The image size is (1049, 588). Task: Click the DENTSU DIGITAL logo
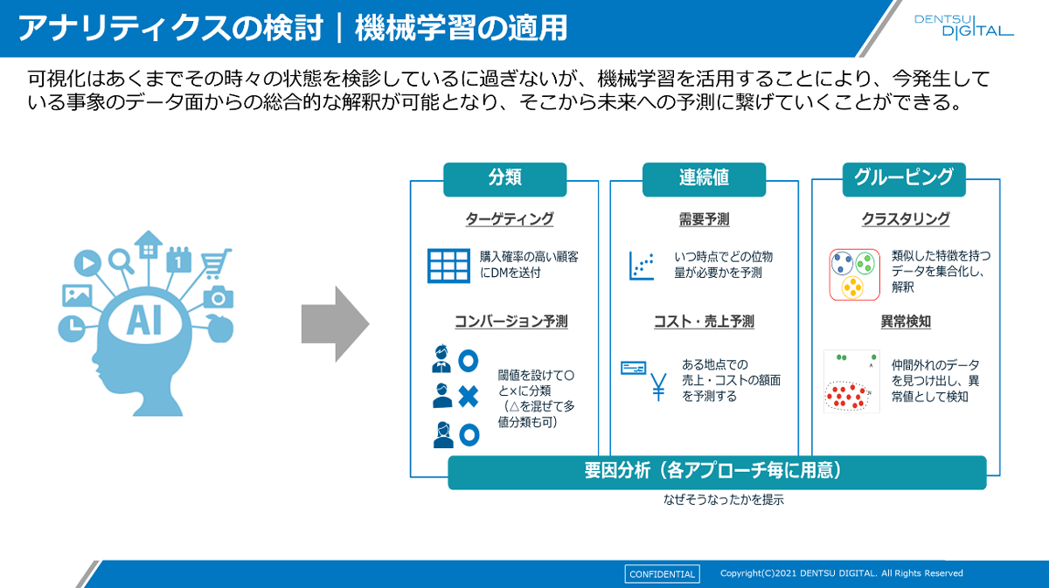tap(962, 26)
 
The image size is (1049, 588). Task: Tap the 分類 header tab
tap(504, 178)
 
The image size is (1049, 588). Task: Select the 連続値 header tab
tap(704, 178)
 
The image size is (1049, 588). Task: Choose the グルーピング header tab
tap(904, 178)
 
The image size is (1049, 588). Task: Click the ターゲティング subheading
tap(510, 219)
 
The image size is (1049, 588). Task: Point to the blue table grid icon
tap(448, 266)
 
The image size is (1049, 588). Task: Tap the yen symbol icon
tap(658, 386)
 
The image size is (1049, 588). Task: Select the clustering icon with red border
tap(854, 274)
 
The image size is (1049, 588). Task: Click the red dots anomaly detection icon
tap(851, 382)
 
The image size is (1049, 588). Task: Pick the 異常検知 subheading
tap(906, 322)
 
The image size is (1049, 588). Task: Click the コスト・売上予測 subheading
tap(704, 322)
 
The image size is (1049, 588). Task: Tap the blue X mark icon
tap(469, 397)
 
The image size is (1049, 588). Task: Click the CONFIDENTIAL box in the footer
tap(662, 574)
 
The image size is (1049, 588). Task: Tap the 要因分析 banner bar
tap(717, 472)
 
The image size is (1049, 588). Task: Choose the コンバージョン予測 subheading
tap(511, 322)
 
